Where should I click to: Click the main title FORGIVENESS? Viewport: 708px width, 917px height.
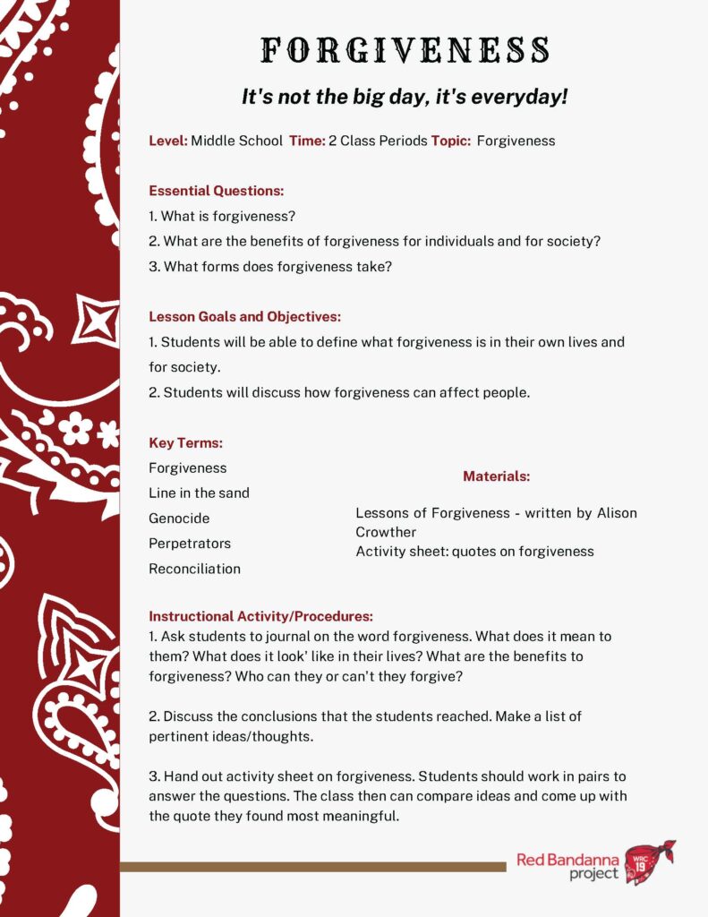click(x=405, y=50)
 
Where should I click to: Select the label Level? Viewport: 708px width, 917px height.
click(x=167, y=141)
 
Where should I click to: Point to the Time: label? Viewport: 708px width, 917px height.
click(x=307, y=141)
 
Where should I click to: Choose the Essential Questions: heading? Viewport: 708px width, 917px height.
click(x=216, y=191)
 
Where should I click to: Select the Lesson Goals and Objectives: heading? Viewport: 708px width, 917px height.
click(x=244, y=317)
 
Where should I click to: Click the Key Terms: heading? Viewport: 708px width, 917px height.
click(x=185, y=443)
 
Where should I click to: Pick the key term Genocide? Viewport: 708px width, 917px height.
click(x=179, y=518)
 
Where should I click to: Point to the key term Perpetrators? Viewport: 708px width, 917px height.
click(x=190, y=544)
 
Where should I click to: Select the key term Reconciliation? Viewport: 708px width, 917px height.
click(x=194, y=569)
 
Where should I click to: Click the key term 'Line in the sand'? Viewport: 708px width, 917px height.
click(x=199, y=493)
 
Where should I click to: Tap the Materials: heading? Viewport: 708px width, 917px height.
click(x=496, y=476)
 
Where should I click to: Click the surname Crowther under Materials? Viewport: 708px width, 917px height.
click(x=386, y=532)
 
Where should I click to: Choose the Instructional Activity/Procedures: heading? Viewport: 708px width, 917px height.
click(x=260, y=616)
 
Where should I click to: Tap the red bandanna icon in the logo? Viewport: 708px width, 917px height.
click(x=649, y=861)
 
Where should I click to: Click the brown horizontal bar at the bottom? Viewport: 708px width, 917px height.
click(x=312, y=866)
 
